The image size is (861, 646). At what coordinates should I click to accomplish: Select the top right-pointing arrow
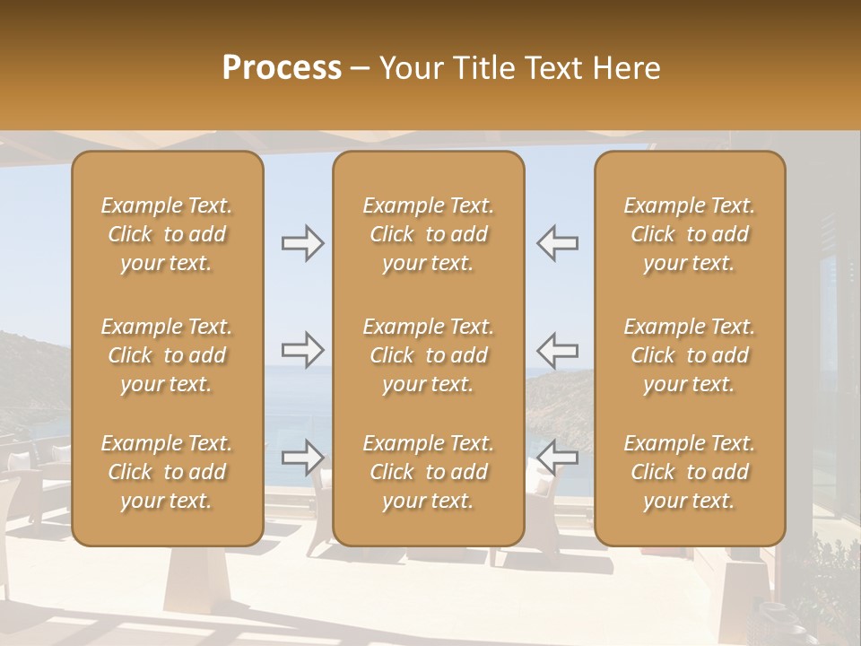click(302, 243)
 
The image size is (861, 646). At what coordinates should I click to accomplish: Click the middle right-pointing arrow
click(302, 350)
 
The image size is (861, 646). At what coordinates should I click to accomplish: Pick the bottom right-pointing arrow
click(302, 458)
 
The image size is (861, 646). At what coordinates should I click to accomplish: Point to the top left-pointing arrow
click(557, 243)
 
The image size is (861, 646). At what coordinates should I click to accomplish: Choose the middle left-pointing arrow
click(557, 350)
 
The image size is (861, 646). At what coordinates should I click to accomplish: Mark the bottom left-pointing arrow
click(557, 458)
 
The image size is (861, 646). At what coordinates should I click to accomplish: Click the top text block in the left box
click(167, 234)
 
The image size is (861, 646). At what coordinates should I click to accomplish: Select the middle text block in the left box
click(167, 355)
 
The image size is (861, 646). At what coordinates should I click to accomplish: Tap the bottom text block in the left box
click(167, 472)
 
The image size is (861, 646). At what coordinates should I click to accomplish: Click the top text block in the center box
click(428, 234)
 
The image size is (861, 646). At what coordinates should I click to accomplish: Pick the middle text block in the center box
click(428, 355)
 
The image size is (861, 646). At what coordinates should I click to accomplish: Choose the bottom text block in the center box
click(428, 472)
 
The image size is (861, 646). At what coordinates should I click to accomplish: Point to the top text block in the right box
click(690, 234)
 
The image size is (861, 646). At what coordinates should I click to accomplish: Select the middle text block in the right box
click(690, 355)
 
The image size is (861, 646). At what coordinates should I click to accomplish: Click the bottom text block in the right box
click(690, 472)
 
